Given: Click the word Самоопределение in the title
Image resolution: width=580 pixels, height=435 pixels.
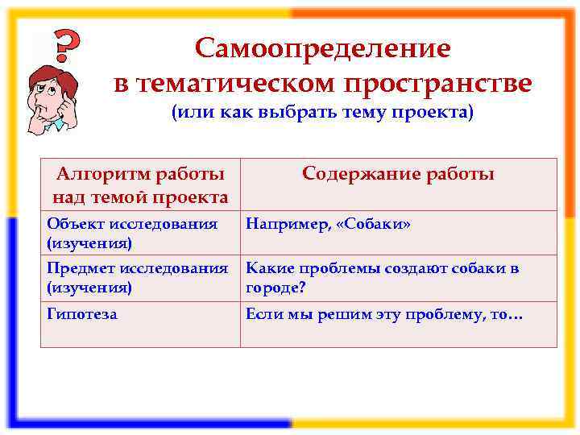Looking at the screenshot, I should (x=322, y=48).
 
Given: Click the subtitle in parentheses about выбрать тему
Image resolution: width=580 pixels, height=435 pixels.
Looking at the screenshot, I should (x=322, y=112).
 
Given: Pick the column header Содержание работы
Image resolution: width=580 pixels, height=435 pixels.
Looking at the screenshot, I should (x=398, y=174).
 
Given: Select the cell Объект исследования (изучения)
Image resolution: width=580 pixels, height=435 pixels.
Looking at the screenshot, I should (x=132, y=232).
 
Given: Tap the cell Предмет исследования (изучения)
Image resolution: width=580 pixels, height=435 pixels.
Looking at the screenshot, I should (x=137, y=278).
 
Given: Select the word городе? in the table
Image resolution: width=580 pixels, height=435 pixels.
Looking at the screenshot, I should (x=276, y=287).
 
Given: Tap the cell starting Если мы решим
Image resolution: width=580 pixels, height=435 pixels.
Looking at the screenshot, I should (x=384, y=314).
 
